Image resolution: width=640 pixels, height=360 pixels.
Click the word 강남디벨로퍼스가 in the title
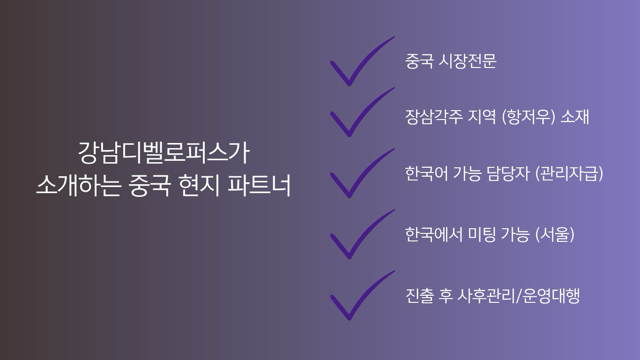click(164, 153)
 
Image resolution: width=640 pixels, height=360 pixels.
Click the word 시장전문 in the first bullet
click(467, 61)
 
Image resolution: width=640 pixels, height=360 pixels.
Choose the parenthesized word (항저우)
click(528, 117)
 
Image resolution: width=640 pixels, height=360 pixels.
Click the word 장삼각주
click(434, 117)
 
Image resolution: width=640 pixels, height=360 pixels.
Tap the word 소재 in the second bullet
click(574, 117)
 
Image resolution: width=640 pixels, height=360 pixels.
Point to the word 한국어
click(426, 173)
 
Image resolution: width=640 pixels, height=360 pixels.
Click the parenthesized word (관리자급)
click(569, 173)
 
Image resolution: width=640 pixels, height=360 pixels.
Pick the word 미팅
click(482, 234)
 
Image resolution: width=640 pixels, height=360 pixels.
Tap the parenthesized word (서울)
click(555, 234)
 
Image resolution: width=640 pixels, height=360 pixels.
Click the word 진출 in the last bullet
click(419, 296)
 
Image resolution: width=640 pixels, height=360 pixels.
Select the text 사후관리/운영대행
click(519, 296)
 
